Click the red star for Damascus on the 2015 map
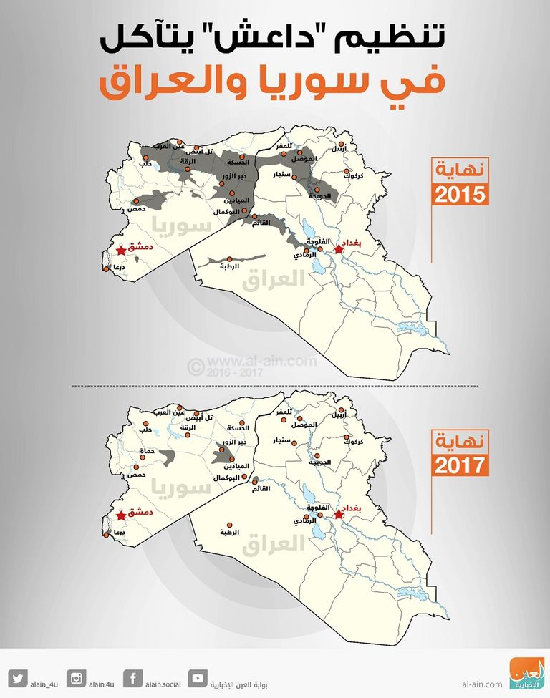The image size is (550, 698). (122, 250)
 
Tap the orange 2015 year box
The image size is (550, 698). (460, 194)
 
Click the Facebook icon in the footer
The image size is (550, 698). (132, 677)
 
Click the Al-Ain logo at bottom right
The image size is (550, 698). (526, 673)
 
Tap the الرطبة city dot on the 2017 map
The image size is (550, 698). (228, 524)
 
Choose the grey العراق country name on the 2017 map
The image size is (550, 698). (273, 546)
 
